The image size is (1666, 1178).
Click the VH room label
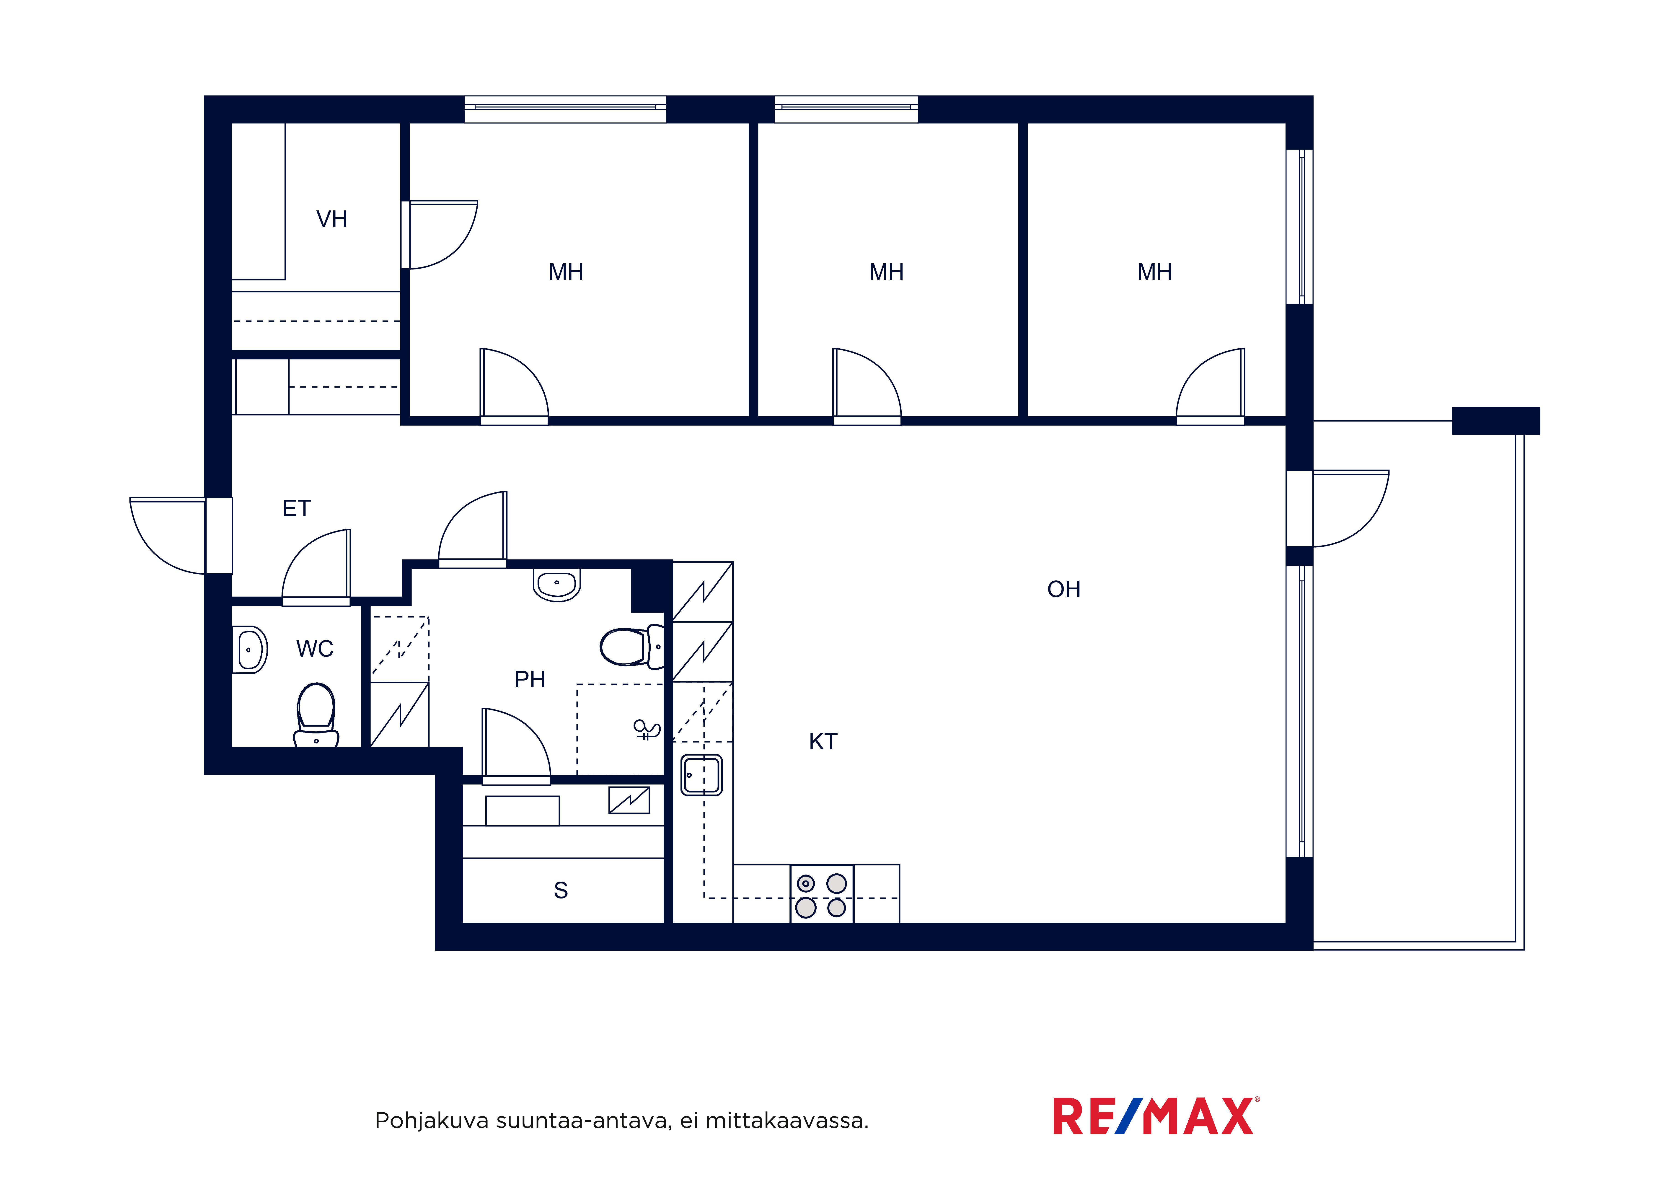point(332,219)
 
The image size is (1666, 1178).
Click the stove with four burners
point(821,894)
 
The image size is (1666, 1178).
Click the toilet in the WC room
point(316,715)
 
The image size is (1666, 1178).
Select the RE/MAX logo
point(1156,1116)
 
